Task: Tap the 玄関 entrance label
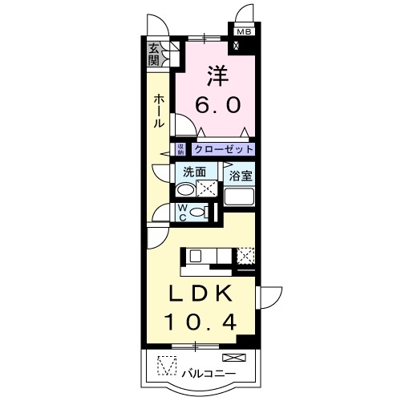(153, 54)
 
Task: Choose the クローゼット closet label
(224, 149)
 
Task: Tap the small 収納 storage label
(181, 149)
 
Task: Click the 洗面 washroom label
(195, 172)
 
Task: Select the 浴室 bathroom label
(240, 174)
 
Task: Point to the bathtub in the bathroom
(239, 197)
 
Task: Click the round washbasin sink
(185, 190)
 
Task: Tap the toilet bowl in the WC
(208, 212)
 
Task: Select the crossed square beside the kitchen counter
(246, 256)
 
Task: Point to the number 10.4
(201, 322)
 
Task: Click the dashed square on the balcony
(166, 366)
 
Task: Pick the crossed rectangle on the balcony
(233, 357)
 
